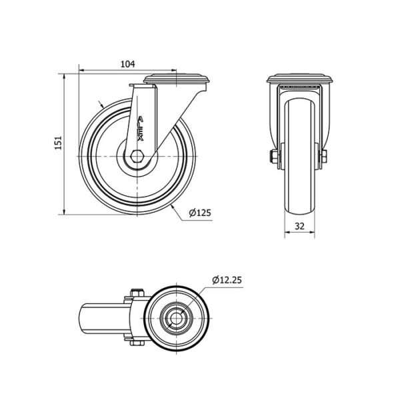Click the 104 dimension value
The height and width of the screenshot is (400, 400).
127,64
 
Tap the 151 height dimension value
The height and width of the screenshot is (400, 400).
59,143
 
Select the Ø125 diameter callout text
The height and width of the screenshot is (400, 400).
200,212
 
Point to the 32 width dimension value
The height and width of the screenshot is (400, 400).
299,226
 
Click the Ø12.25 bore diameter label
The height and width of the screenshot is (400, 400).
227,280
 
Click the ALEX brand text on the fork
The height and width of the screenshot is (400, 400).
140,129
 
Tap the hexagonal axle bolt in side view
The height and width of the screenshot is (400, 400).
137,156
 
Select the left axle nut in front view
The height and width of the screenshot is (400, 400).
274,157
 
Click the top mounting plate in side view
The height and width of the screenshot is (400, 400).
177,78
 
